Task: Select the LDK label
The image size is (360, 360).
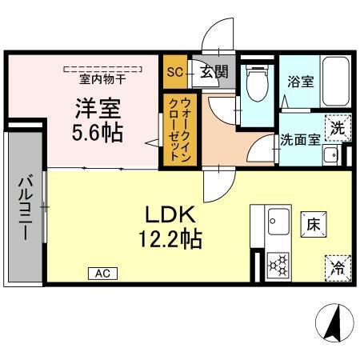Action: tap(170, 214)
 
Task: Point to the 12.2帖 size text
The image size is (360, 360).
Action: tap(171, 238)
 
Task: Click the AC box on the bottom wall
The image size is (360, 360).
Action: tap(102, 274)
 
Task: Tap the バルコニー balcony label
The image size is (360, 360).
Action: tap(24, 207)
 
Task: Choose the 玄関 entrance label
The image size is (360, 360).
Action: tap(214, 72)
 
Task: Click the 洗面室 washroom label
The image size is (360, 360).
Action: tap(299, 138)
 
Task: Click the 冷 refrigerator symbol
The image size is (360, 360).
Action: tap(338, 267)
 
